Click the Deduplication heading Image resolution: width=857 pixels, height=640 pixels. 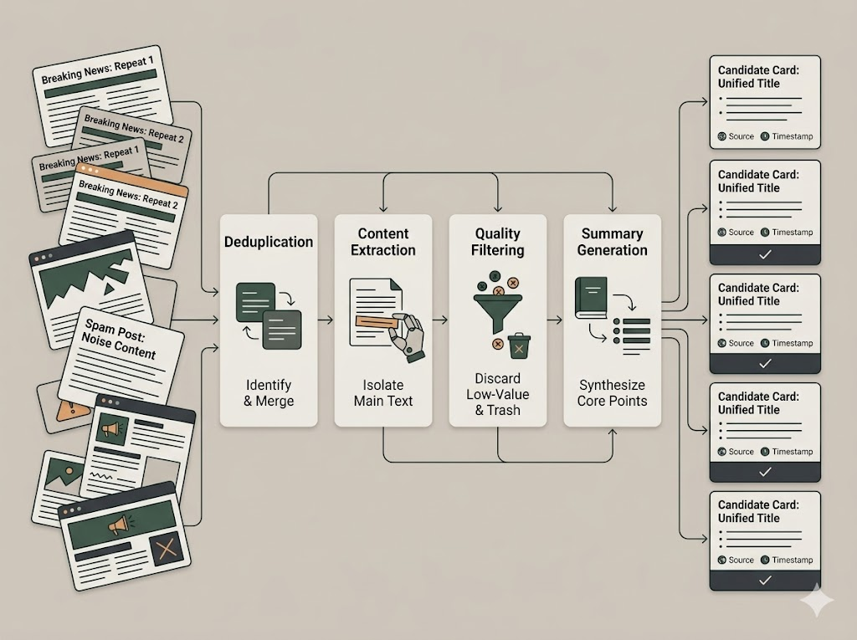pyautogui.click(x=269, y=242)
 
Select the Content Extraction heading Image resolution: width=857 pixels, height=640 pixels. pyautogui.click(x=383, y=242)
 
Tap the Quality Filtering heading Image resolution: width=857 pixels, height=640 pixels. pyautogui.click(x=498, y=242)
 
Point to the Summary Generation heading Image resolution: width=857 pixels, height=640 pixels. pyautogui.click(x=612, y=242)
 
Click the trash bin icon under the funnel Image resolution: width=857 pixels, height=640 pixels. pyautogui.click(x=519, y=345)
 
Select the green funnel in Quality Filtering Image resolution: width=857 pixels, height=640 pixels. pyautogui.click(x=498, y=310)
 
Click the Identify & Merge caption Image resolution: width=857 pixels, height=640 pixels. pyautogui.click(x=269, y=392)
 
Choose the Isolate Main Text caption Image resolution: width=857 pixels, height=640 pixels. pyautogui.click(x=383, y=392)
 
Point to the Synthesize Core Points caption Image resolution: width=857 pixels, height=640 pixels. pyautogui.click(x=612, y=392)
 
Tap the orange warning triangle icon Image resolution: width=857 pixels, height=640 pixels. pyautogui.click(x=66, y=409)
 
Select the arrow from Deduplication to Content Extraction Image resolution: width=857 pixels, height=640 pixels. pyautogui.click(x=326, y=320)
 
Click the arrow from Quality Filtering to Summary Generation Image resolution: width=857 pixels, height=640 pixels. pyautogui.click(x=555, y=320)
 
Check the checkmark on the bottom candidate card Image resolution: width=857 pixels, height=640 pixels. pyautogui.click(x=764, y=581)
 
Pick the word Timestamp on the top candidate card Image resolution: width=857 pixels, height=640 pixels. pyautogui.click(x=792, y=136)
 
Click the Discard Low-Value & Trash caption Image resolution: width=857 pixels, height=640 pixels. pyautogui.click(x=498, y=393)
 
